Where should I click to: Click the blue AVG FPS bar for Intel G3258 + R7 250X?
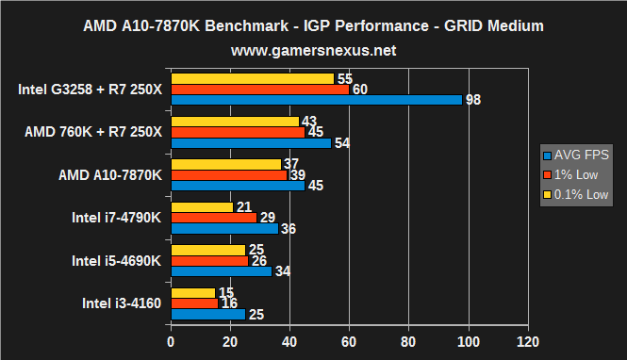pos(316,100)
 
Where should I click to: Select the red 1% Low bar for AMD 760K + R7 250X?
pos(238,132)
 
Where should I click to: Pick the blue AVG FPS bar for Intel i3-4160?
pos(207,314)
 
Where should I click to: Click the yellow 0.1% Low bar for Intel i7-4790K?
pos(202,206)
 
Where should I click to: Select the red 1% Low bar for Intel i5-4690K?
pos(209,260)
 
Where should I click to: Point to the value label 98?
pos(473,100)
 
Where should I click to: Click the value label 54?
pos(342,143)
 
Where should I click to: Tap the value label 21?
pos(244,206)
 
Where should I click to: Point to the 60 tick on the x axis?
pos(350,340)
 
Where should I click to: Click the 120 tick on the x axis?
pos(528,340)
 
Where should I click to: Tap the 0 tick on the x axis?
pos(171,340)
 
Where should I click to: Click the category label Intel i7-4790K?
pos(117,218)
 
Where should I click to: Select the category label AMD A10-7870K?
pos(110,175)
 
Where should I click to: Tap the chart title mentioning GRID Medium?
pos(313,21)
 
